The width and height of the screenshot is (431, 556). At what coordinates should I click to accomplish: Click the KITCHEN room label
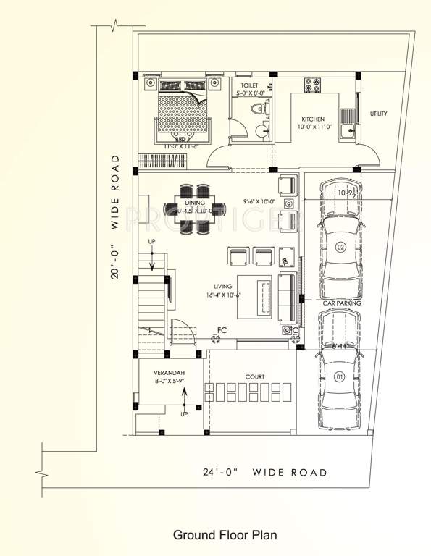coord(313,119)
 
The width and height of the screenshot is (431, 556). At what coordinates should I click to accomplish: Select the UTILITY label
coord(379,114)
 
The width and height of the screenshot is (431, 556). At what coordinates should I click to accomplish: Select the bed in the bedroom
coord(184,112)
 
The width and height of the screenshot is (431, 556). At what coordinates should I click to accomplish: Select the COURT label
coord(254,377)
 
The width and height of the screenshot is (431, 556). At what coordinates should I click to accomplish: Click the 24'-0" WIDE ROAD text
coord(264,473)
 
